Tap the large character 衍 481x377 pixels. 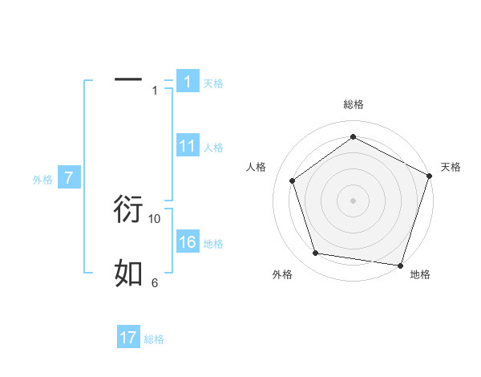(x=128, y=209)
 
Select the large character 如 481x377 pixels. (x=128, y=274)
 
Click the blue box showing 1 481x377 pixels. (x=188, y=82)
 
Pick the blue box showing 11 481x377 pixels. (x=188, y=146)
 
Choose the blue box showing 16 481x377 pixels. (x=188, y=242)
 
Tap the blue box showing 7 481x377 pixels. (x=70, y=178)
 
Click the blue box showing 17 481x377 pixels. (x=128, y=338)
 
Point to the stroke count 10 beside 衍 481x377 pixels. (x=155, y=218)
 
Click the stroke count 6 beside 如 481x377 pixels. (x=155, y=282)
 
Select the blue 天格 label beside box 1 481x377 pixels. (x=212, y=83)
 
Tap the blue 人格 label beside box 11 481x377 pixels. (x=212, y=148)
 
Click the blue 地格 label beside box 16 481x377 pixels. (x=212, y=244)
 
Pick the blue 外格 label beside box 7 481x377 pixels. (x=42, y=180)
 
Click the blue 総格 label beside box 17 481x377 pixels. (x=154, y=339)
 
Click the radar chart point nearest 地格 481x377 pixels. (x=400, y=265)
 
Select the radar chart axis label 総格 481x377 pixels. (x=354, y=104)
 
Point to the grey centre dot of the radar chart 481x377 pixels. (x=354, y=201)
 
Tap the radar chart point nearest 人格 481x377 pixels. (x=293, y=180)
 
